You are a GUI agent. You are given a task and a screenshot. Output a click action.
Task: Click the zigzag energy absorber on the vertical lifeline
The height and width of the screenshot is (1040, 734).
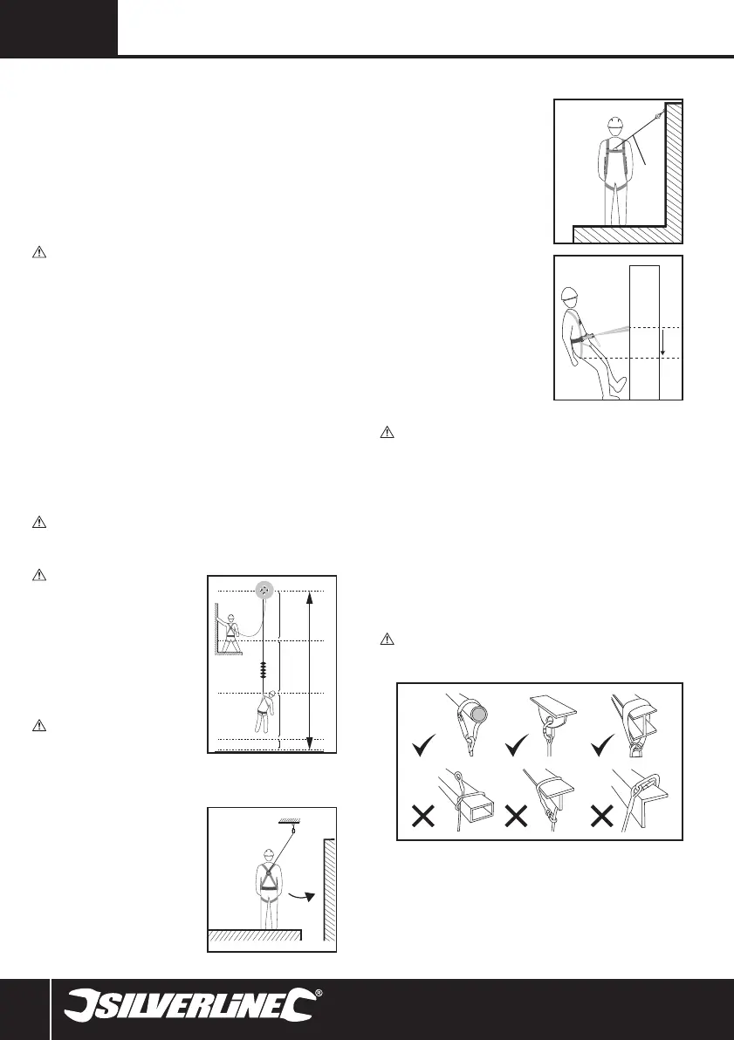(x=263, y=671)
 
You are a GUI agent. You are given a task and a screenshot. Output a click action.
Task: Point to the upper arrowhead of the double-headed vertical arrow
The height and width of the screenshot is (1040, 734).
(x=311, y=597)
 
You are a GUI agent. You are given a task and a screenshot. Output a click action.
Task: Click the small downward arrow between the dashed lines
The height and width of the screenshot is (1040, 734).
(x=664, y=348)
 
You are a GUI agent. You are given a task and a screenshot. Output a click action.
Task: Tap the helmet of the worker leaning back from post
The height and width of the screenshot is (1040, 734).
(x=572, y=295)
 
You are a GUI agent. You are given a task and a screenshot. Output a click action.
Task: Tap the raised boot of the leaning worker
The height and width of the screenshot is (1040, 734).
(x=619, y=382)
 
